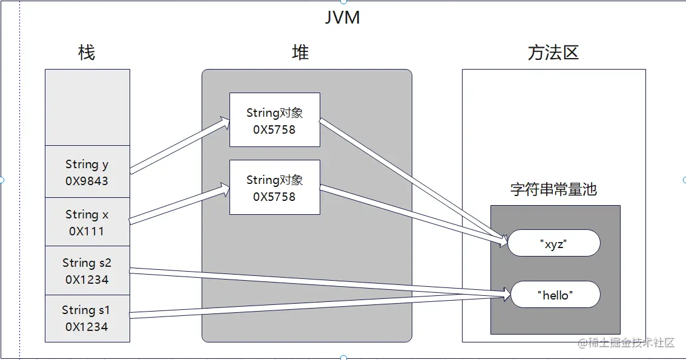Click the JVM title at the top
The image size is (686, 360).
(x=343, y=17)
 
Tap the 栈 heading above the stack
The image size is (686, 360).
(x=87, y=53)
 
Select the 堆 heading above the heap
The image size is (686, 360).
(x=300, y=53)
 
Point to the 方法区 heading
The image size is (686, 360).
(x=553, y=53)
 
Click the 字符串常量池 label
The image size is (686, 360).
(x=553, y=189)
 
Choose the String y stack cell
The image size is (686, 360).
(x=87, y=171)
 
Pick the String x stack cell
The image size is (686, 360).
(x=87, y=221)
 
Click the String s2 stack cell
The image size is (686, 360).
(x=87, y=270)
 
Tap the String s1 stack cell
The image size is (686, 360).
(x=87, y=318)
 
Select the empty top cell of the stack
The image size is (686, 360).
(x=87, y=107)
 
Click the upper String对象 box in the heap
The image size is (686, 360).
(x=274, y=120)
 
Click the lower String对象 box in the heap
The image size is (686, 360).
(x=274, y=187)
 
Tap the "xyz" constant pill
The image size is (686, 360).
(x=553, y=243)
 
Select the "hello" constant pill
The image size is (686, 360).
(x=555, y=295)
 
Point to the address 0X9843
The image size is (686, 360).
(x=87, y=181)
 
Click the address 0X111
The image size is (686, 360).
(x=87, y=231)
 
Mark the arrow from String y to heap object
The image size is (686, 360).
(x=180, y=146)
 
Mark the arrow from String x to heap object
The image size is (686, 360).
(x=180, y=205)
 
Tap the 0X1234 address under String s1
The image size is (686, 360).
(x=87, y=327)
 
